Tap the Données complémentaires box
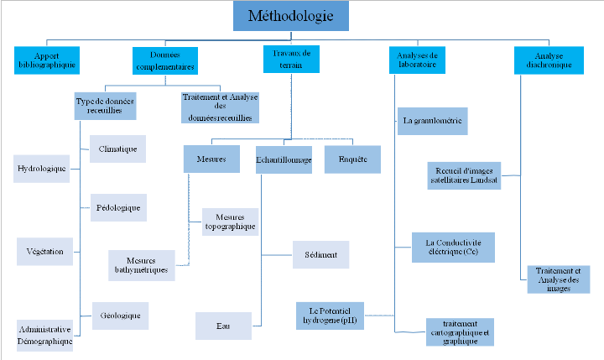(x=165, y=60)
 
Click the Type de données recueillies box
(x=106, y=104)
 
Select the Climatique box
(x=117, y=149)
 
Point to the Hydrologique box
(x=42, y=168)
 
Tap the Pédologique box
(x=118, y=206)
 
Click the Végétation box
(x=45, y=251)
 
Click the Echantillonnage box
(x=284, y=159)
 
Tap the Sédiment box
(x=320, y=254)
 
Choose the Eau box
(x=223, y=326)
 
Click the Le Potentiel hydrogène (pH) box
(x=330, y=315)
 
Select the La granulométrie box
(x=433, y=122)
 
